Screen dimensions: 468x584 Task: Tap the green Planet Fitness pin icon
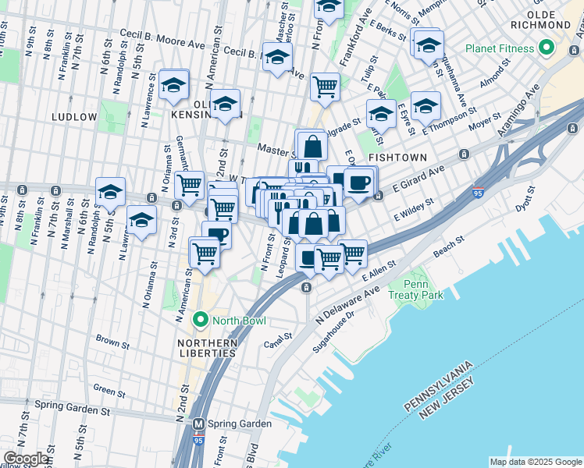pyautogui.click(x=547, y=49)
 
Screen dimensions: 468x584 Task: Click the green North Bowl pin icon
pyautogui.click(x=201, y=320)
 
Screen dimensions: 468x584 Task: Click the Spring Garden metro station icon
pyautogui.click(x=198, y=424)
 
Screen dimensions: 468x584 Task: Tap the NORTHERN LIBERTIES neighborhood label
pyautogui.click(x=206, y=348)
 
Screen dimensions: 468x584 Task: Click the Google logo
pyautogui.click(x=25, y=459)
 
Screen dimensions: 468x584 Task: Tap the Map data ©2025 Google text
pyautogui.click(x=535, y=462)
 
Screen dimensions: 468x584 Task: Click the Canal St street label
pyautogui.click(x=278, y=337)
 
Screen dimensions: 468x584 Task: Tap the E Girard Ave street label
pyautogui.click(x=418, y=180)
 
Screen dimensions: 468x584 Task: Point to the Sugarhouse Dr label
pyautogui.click(x=333, y=331)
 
